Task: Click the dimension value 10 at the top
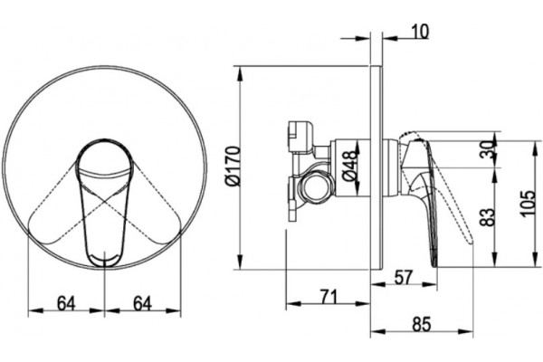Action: point(421,32)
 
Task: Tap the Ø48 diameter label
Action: point(349,166)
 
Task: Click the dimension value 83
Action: point(489,217)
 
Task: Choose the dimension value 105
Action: point(528,204)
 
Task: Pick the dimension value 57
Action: point(404,278)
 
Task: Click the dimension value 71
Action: point(328,297)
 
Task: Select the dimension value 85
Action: point(422,325)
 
